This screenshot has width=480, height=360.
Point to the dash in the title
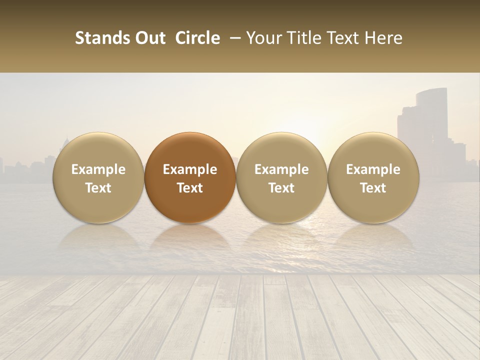tap(233, 38)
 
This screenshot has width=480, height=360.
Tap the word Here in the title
tap(384, 38)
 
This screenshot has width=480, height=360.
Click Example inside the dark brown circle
tap(190, 169)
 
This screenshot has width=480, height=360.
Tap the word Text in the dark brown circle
tap(190, 188)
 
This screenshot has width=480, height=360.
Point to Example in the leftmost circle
tap(98, 169)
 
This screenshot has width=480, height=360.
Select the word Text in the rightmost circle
tap(373, 188)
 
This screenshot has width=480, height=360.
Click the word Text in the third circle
tap(281, 188)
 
